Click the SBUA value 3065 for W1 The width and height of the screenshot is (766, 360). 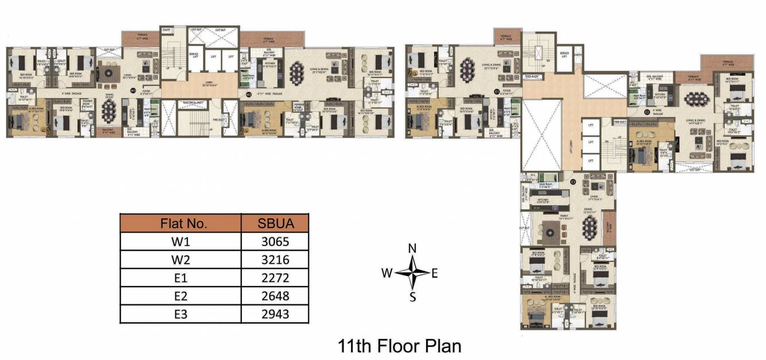click(274, 241)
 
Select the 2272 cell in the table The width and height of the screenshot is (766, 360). click(274, 278)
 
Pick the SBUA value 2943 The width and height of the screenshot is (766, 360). click(274, 314)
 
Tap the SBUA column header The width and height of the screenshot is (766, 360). click(275, 223)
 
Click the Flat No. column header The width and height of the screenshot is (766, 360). click(180, 223)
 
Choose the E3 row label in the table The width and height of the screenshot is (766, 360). click(180, 314)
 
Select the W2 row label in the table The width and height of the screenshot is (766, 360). click(180, 260)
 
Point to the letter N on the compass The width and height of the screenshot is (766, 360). click(412, 248)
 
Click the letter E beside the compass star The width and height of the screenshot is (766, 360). click(435, 273)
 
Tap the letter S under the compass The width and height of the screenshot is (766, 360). click(412, 297)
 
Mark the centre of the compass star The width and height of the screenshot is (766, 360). click(412, 272)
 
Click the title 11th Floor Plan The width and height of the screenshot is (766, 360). click(400, 346)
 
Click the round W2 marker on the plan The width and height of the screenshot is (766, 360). click(248, 94)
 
